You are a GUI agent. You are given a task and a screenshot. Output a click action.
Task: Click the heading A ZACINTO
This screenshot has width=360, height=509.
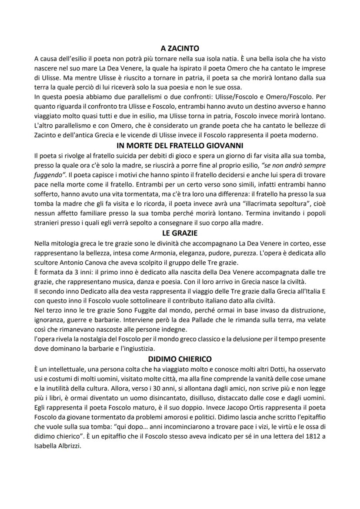pyautogui.click(x=180, y=49)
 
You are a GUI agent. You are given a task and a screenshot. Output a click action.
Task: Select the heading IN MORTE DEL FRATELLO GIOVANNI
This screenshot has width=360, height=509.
pyautogui.click(x=180, y=146)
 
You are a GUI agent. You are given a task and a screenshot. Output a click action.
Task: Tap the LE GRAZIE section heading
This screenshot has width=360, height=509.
pyautogui.click(x=180, y=233)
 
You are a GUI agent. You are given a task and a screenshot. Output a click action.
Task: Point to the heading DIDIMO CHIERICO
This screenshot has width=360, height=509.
pyautogui.click(x=180, y=359)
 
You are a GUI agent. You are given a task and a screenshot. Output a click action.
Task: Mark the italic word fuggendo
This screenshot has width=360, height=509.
pyautogui.click(x=48, y=175)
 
